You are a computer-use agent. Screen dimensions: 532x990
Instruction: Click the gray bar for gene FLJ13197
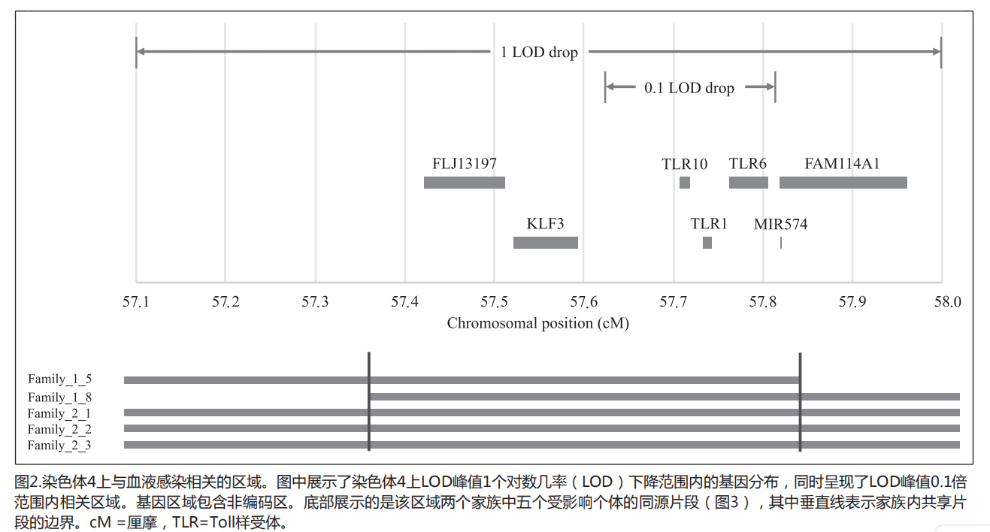[x=464, y=183]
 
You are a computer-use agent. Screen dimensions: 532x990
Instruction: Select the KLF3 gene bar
[x=545, y=243]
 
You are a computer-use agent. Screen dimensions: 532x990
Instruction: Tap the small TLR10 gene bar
[x=684, y=183]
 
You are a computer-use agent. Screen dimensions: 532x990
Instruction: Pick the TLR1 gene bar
[x=707, y=243]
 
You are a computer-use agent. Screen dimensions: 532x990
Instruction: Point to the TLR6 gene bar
[x=748, y=183]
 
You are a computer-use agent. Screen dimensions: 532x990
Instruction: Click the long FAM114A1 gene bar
[x=843, y=183]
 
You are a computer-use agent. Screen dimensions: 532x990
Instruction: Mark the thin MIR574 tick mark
[x=781, y=243]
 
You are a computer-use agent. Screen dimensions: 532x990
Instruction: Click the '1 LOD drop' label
[x=539, y=53]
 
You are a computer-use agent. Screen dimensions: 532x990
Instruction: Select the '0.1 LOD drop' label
[x=689, y=88]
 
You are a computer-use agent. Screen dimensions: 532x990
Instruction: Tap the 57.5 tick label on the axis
[x=494, y=302]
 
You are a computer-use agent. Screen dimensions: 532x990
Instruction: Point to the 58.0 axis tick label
[x=946, y=302]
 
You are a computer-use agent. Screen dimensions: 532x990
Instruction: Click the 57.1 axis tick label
[x=136, y=302]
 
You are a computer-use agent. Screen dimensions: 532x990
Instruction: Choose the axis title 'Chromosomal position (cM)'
[x=537, y=324]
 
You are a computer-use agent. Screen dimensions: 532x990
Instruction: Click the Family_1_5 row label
[x=59, y=379]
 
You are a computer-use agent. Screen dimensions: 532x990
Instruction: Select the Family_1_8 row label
[x=59, y=397]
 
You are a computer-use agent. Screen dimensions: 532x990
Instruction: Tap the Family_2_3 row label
[x=59, y=446]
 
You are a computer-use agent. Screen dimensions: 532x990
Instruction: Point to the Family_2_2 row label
[x=59, y=430]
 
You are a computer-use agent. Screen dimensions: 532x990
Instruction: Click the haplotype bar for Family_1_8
[x=664, y=397]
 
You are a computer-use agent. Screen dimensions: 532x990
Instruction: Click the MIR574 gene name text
[x=780, y=224]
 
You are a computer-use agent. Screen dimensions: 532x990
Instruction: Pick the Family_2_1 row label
[x=59, y=413]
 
